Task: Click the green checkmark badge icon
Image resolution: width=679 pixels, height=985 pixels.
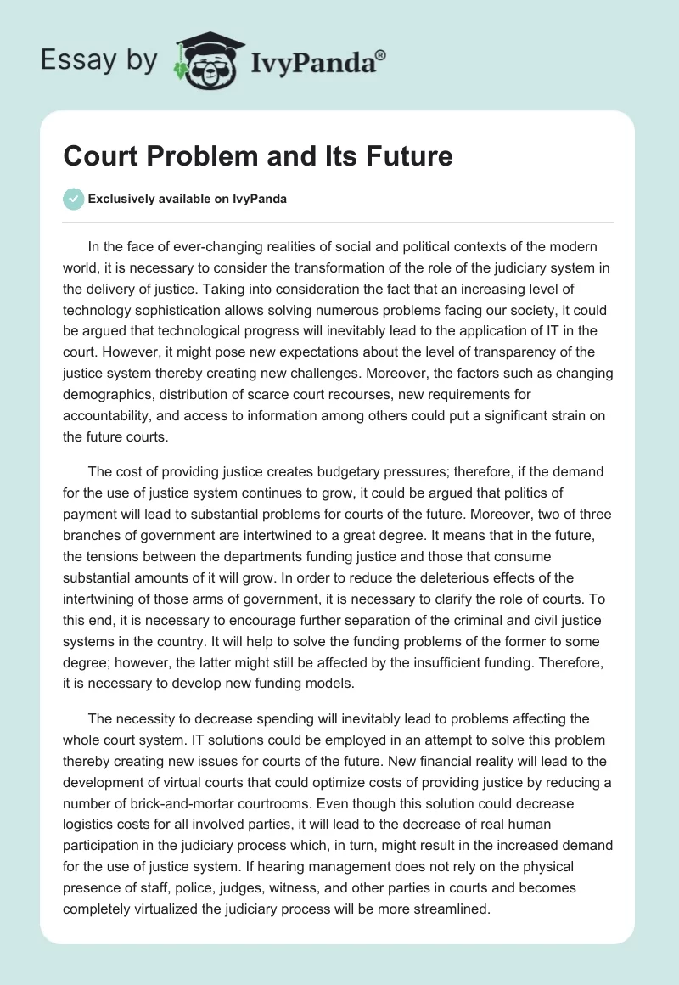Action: tap(73, 199)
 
